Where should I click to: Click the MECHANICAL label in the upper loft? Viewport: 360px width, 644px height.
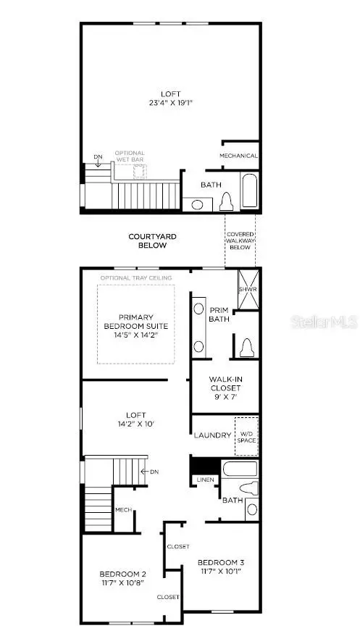click(238, 156)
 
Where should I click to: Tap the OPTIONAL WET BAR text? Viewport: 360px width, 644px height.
click(130, 156)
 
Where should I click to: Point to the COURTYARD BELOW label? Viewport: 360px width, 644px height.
click(152, 241)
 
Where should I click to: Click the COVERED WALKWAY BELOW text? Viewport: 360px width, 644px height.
click(240, 241)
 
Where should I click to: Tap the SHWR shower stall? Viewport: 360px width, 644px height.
click(248, 290)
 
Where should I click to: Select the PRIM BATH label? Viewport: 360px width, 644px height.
click(219, 314)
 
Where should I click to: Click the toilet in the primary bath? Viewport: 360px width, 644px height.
click(246, 348)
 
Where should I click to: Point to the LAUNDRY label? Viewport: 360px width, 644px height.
click(212, 435)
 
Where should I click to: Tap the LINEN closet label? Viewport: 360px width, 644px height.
click(204, 480)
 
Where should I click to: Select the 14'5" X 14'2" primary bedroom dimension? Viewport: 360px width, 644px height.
click(135, 335)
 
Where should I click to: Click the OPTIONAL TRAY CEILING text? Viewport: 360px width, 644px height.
click(136, 278)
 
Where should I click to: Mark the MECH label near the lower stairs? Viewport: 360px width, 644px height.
click(122, 510)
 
